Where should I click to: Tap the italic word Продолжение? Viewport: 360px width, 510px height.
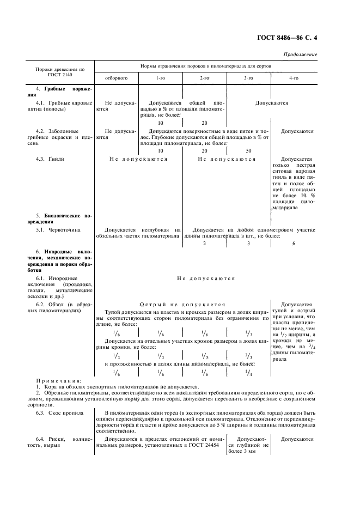click(301, 54)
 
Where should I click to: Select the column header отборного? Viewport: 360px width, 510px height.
click(116, 78)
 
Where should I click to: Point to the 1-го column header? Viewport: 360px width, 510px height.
click(161, 78)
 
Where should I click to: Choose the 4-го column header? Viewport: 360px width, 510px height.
click(294, 78)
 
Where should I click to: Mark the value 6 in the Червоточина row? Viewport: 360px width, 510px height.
click(294, 244)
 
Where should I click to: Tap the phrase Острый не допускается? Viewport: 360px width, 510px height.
click(182, 304)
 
